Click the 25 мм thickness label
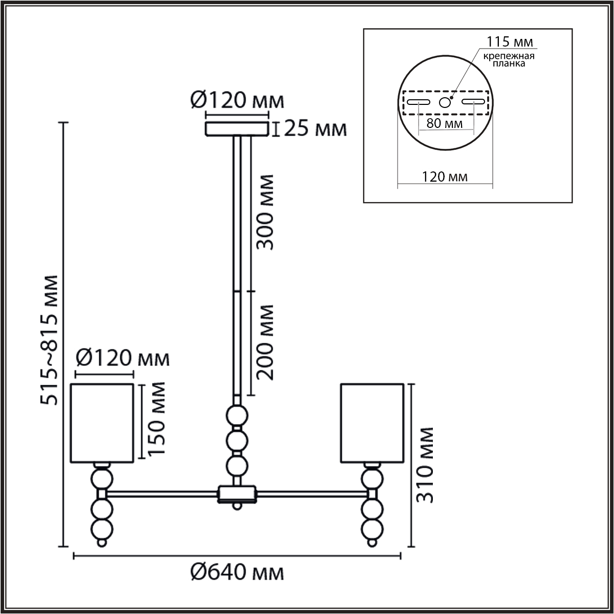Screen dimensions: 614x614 315,129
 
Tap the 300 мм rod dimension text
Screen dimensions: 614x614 265,212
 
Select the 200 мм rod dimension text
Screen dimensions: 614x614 265,342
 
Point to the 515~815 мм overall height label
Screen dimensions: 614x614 49,340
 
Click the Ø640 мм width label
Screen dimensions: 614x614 237,581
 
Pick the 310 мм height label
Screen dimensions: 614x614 425,465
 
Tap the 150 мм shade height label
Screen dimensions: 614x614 156,419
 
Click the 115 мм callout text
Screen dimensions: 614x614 510,41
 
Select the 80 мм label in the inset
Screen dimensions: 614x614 445,123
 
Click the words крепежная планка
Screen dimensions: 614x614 509,60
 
